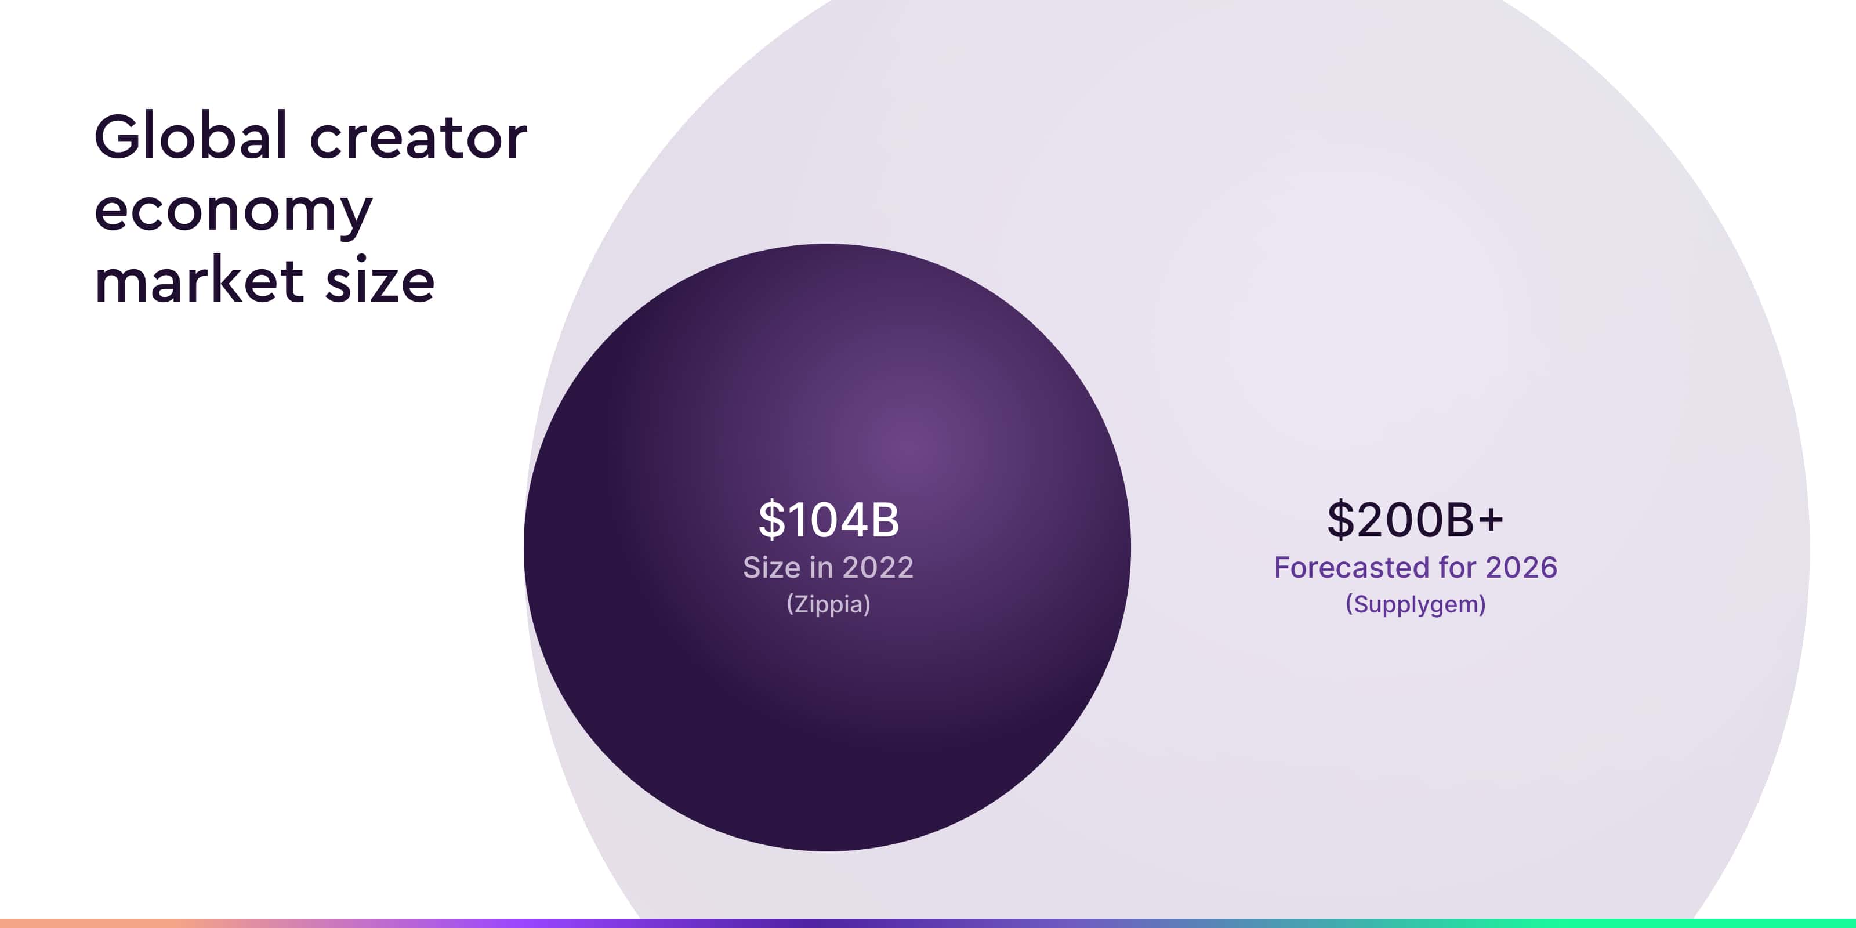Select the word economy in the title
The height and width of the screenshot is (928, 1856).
coord(233,212)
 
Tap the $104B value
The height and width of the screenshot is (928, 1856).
coord(829,520)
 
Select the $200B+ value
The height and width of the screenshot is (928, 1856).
coord(1415,520)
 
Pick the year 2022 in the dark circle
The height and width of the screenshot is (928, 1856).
coord(878,568)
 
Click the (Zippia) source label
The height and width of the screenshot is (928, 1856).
coord(829,604)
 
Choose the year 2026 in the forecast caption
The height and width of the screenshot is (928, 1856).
coord(1522,568)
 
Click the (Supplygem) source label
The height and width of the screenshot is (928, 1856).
coord(1416,604)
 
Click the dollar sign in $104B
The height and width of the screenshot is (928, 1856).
coord(771,520)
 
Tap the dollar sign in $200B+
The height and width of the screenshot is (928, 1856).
coord(1340,520)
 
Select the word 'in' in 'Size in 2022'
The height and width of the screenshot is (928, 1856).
coord(822,568)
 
